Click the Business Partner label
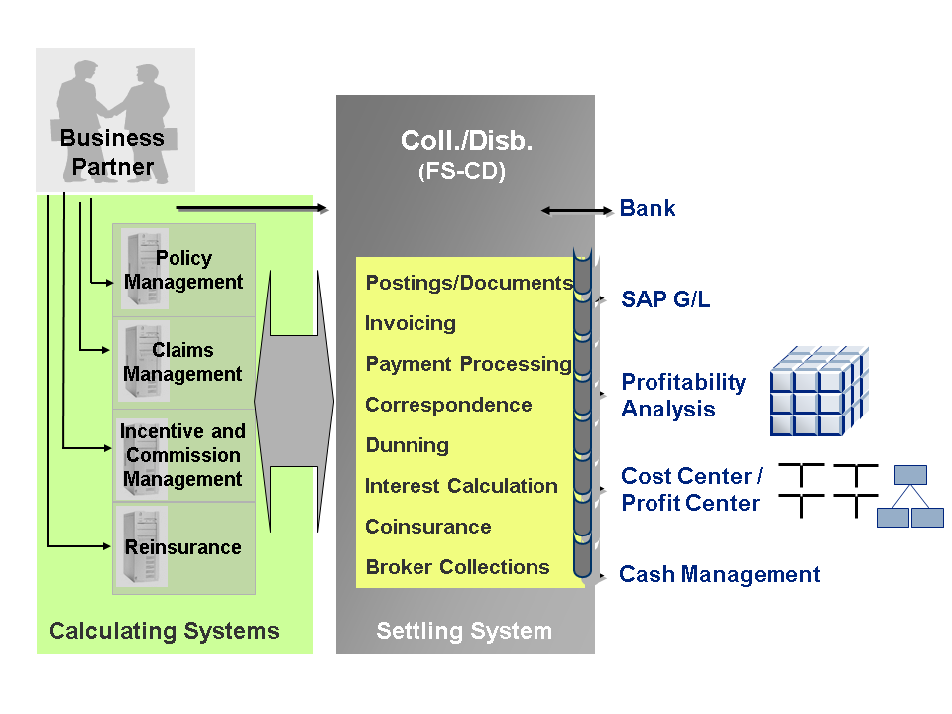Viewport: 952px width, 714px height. click(112, 152)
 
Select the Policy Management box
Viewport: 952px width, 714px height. click(183, 270)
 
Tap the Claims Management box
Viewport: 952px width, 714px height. click(183, 362)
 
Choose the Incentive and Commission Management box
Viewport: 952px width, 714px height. click(183, 455)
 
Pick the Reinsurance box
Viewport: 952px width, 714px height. click(183, 547)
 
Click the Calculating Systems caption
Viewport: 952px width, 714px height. click(164, 631)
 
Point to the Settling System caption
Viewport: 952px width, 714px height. click(464, 631)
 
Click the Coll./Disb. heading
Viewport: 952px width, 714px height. click(466, 141)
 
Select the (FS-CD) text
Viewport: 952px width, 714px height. click(462, 172)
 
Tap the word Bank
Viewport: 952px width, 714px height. click(648, 208)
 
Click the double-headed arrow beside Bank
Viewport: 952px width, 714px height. click(577, 210)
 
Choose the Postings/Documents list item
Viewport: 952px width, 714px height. click(469, 283)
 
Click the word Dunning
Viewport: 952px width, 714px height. click(407, 445)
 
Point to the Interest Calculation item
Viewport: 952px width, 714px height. click(461, 486)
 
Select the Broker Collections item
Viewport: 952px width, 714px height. click(457, 567)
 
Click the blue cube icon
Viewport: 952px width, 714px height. click(818, 391)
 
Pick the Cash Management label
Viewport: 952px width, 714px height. click(719, 574)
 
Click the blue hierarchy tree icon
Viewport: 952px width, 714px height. click(910, 496)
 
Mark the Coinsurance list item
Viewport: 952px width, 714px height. click(427, 527)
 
